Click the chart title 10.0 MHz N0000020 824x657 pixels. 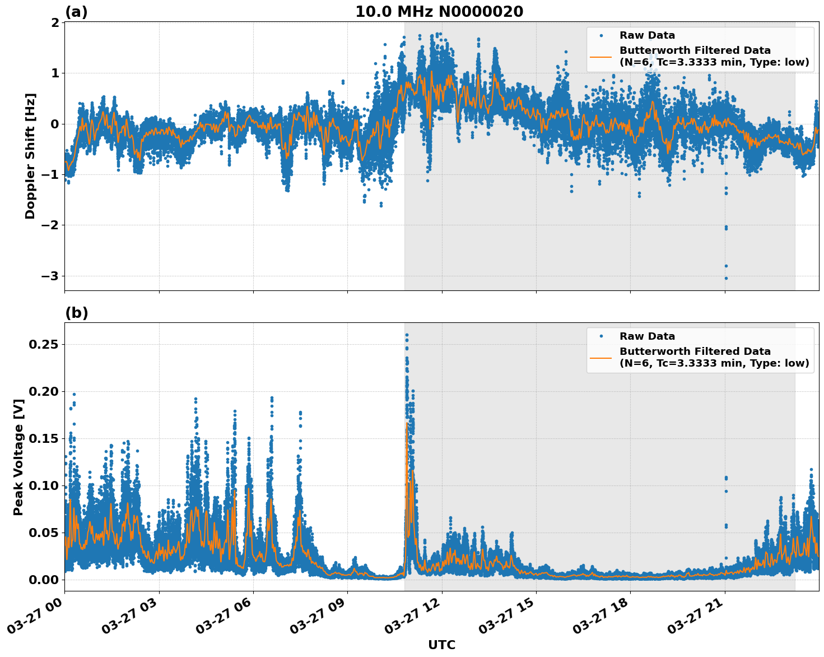[439, 12]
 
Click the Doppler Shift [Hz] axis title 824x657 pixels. [30, 156]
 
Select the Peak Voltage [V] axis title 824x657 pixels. [18, 457]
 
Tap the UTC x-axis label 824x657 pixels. [441, 645]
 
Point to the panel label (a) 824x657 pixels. [76, 12]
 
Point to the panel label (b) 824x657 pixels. [76, 313]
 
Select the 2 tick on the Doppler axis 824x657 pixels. [55, 22]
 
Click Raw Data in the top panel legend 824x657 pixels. [647, 35]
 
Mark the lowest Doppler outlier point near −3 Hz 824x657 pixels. [726, 278]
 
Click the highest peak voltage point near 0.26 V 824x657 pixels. [407, 335]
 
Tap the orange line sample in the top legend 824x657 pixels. [601, 57]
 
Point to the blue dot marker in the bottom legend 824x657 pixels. [601, 336]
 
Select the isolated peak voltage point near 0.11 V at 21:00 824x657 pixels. [726, 478]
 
